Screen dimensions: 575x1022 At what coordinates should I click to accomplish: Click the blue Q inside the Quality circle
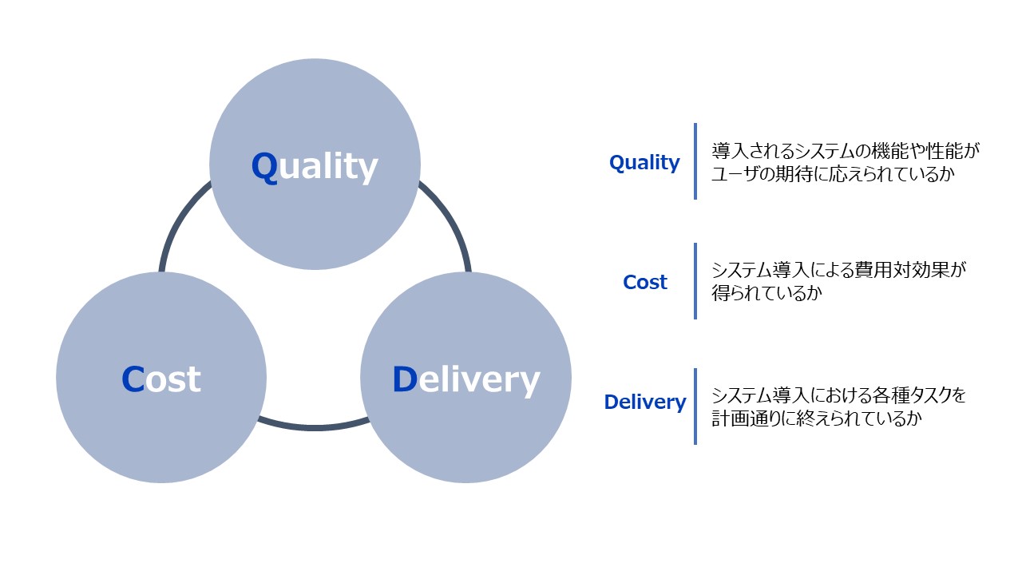(x=264, y=167)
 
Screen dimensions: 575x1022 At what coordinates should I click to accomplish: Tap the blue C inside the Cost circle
(x=133, y=379)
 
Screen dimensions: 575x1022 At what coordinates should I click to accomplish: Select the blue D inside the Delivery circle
(x=405, y=379)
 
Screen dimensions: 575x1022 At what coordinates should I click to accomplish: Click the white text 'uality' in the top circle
(x=328, y=167)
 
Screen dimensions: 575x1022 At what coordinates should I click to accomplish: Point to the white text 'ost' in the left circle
(x=173, y=379)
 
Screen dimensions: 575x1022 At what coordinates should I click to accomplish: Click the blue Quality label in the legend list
(x=644, y=163)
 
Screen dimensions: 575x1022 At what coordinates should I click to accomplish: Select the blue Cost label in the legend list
(x=645, y=283)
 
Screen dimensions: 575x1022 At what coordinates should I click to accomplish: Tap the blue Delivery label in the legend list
(x=645, y=402)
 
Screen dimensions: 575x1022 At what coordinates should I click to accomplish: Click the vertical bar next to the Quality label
(x=695, y=161)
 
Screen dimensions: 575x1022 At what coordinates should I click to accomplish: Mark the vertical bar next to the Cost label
(x=695, y=281)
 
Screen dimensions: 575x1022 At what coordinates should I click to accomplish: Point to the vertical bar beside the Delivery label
(x=695, y=406)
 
